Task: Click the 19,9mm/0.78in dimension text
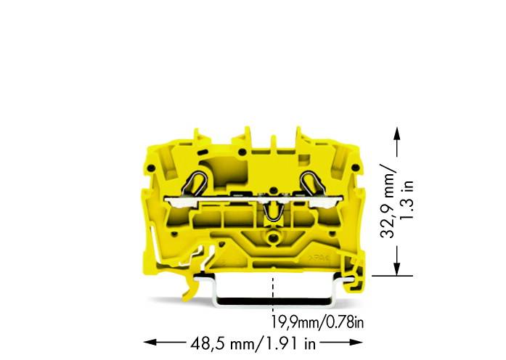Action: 317,322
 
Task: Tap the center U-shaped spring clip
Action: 274,211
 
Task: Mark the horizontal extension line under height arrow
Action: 392,276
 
